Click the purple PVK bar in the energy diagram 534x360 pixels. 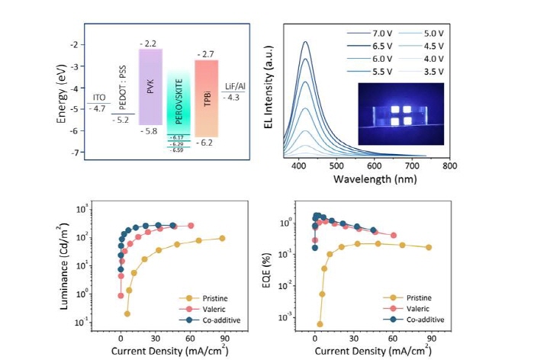tap(150, 86)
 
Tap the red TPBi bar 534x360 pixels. tap(207, 98)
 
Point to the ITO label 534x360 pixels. tap(99, 98)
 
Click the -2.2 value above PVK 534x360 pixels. tap(150, 43)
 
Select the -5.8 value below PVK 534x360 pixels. tap(150, 131)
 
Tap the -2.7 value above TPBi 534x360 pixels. tap(207, 54)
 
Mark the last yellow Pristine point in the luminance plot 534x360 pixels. tap(222, 238)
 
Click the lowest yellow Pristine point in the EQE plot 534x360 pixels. tap(320, 324)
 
